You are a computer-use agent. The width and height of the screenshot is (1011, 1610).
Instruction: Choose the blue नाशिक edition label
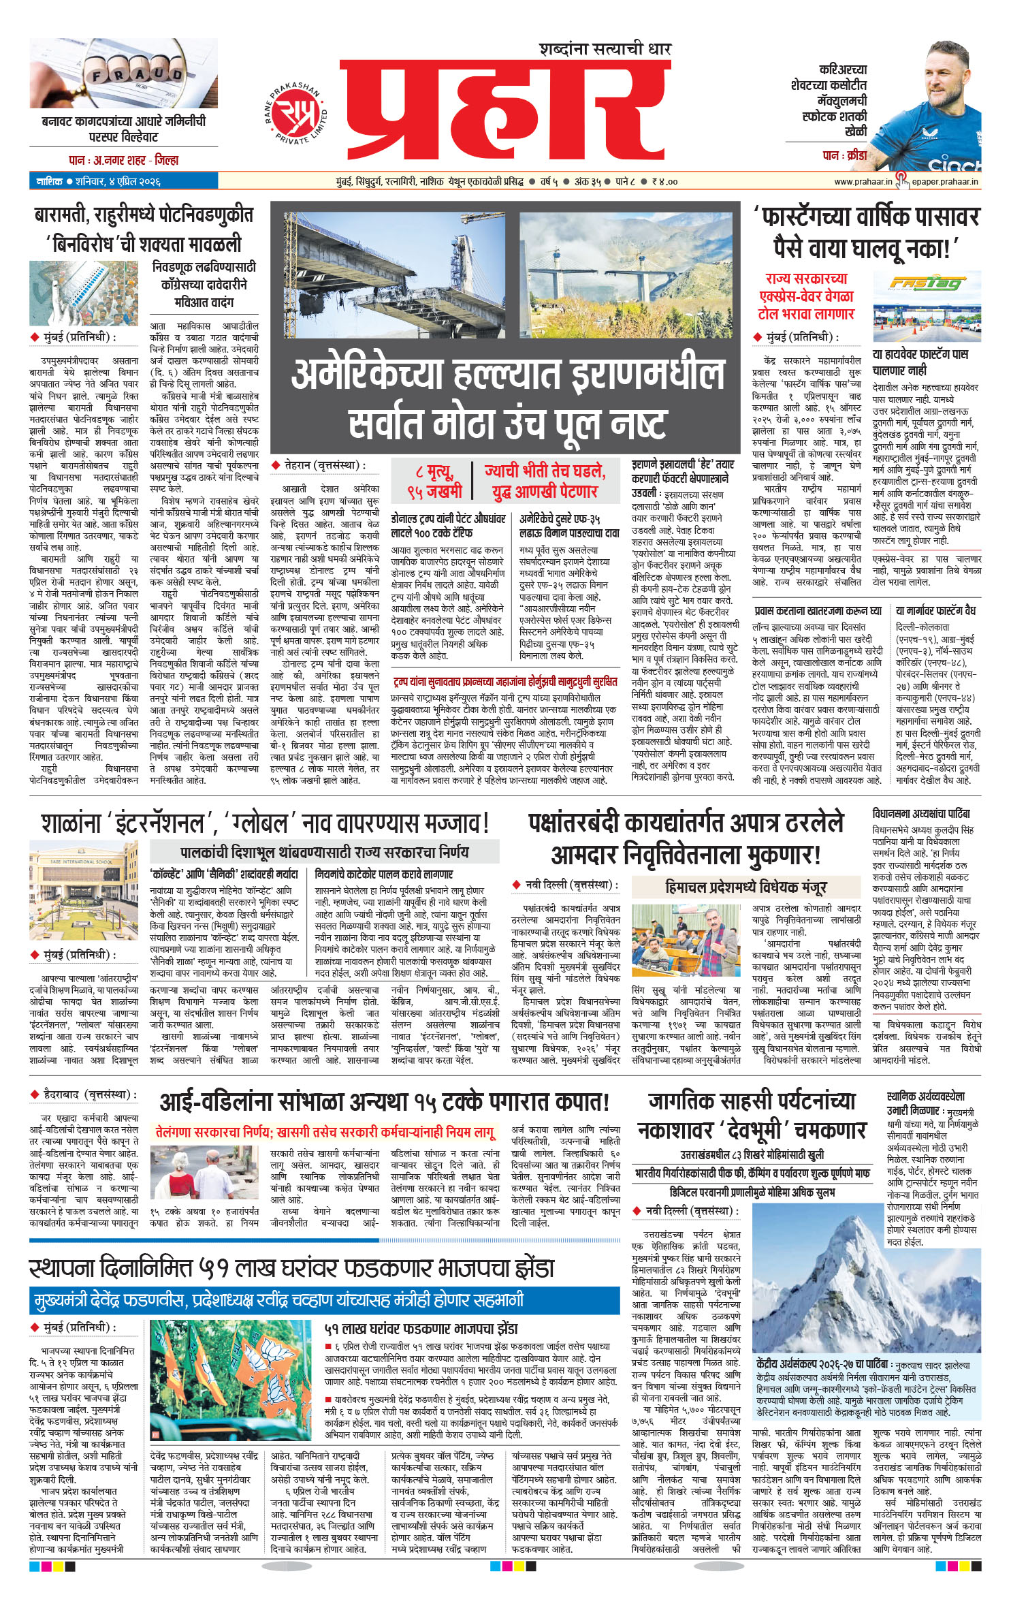pos(50,181)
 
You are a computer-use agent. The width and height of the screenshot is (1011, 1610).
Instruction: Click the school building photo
pos(83,890)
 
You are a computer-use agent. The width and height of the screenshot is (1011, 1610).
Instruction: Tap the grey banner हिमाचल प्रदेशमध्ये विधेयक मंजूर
pos(745,887)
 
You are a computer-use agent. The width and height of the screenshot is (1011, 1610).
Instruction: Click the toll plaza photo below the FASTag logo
pos(927,318)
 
